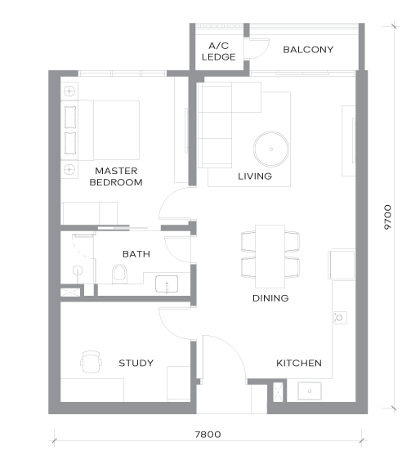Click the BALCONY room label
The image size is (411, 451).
[308, 50]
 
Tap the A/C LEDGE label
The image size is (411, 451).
[219, 51]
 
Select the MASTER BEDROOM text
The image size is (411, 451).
[116, 176]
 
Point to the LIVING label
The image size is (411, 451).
[255, 176]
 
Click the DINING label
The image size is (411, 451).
[270, 298]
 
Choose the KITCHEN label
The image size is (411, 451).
[299, 363]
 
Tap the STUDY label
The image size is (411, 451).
[136, 363]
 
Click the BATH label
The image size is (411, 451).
[136, 254]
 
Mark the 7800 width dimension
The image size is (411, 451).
[208, 435]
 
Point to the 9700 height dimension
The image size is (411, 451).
[387, 217]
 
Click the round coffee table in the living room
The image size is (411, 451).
[271, 150]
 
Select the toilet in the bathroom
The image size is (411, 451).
[119, 274]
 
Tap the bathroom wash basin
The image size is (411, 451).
[167, 284]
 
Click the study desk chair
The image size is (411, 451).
[91, 362]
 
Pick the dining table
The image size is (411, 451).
[270, 257]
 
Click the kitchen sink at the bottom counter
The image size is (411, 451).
[310, 391]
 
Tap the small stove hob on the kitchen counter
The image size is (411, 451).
[340, 318]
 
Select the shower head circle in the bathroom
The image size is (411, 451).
[78, 270]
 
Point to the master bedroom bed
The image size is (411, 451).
[100, 130]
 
